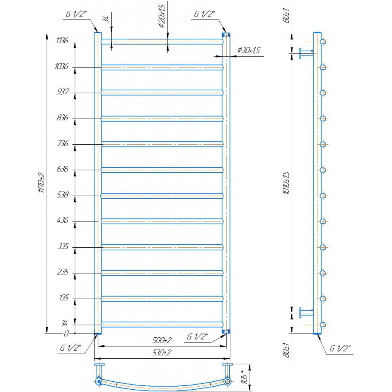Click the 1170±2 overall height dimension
coord(41,183)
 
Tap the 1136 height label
coord(62,41)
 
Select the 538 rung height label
coord(62,194)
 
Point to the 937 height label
coord(63,91)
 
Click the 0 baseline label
coord(66,333)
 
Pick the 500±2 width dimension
coord(162,340)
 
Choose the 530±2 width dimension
coord(162,353)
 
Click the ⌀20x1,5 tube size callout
coord(162,16)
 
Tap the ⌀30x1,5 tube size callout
coord(248,50)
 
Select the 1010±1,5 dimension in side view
coord(286,183)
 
